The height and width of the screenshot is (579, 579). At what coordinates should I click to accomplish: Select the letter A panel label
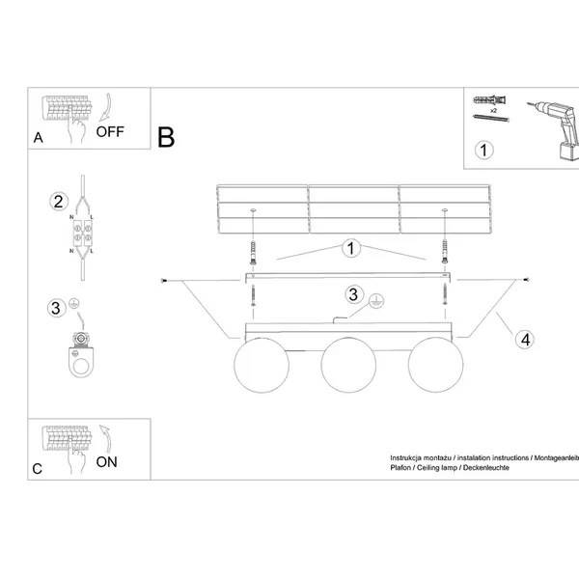point(38,138)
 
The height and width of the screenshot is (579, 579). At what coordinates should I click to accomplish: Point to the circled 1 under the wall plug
point(484,150)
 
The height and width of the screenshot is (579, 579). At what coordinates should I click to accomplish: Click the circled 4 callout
point(524,339)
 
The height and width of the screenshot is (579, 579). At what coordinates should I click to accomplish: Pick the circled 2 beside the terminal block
point(58,203)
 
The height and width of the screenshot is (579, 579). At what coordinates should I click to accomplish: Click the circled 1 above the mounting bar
point(351,249)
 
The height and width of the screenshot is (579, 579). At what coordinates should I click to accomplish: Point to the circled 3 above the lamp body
point(354,295)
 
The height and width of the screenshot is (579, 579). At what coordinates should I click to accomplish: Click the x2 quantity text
point(493,112)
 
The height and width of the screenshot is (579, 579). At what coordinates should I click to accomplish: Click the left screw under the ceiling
point(253,255)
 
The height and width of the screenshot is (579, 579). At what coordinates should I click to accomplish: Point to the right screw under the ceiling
point(445,255)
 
